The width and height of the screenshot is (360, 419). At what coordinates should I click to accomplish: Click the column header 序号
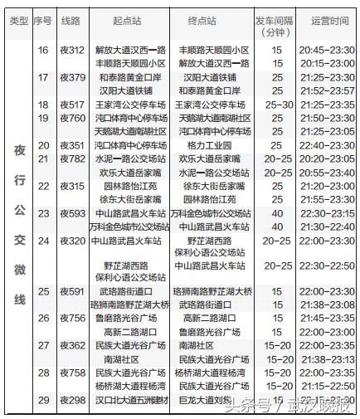click(x=43, y=19)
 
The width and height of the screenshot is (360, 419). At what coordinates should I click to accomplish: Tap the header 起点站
click(x=129, y=19)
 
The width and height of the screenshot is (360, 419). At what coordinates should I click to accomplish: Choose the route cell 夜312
click(x=72, y=51)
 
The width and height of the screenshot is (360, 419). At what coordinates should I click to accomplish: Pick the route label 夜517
click(x=72, y=105)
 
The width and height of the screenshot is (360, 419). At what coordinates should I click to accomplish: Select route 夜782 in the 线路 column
click(x=72, y=158)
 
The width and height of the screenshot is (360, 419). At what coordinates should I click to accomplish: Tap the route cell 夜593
click(x=72, y=212)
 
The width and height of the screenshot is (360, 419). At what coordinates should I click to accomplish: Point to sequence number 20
click(x=43, y=145)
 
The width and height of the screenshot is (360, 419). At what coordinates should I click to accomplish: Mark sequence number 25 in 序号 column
click(x=43, y=292)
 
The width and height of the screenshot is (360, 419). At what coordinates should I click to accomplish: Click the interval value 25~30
click(x=276, y=105)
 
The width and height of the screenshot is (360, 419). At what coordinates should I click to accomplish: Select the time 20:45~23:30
click(x=325, y=51)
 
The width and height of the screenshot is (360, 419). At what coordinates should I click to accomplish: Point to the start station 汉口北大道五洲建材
click(x=130, y=401)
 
